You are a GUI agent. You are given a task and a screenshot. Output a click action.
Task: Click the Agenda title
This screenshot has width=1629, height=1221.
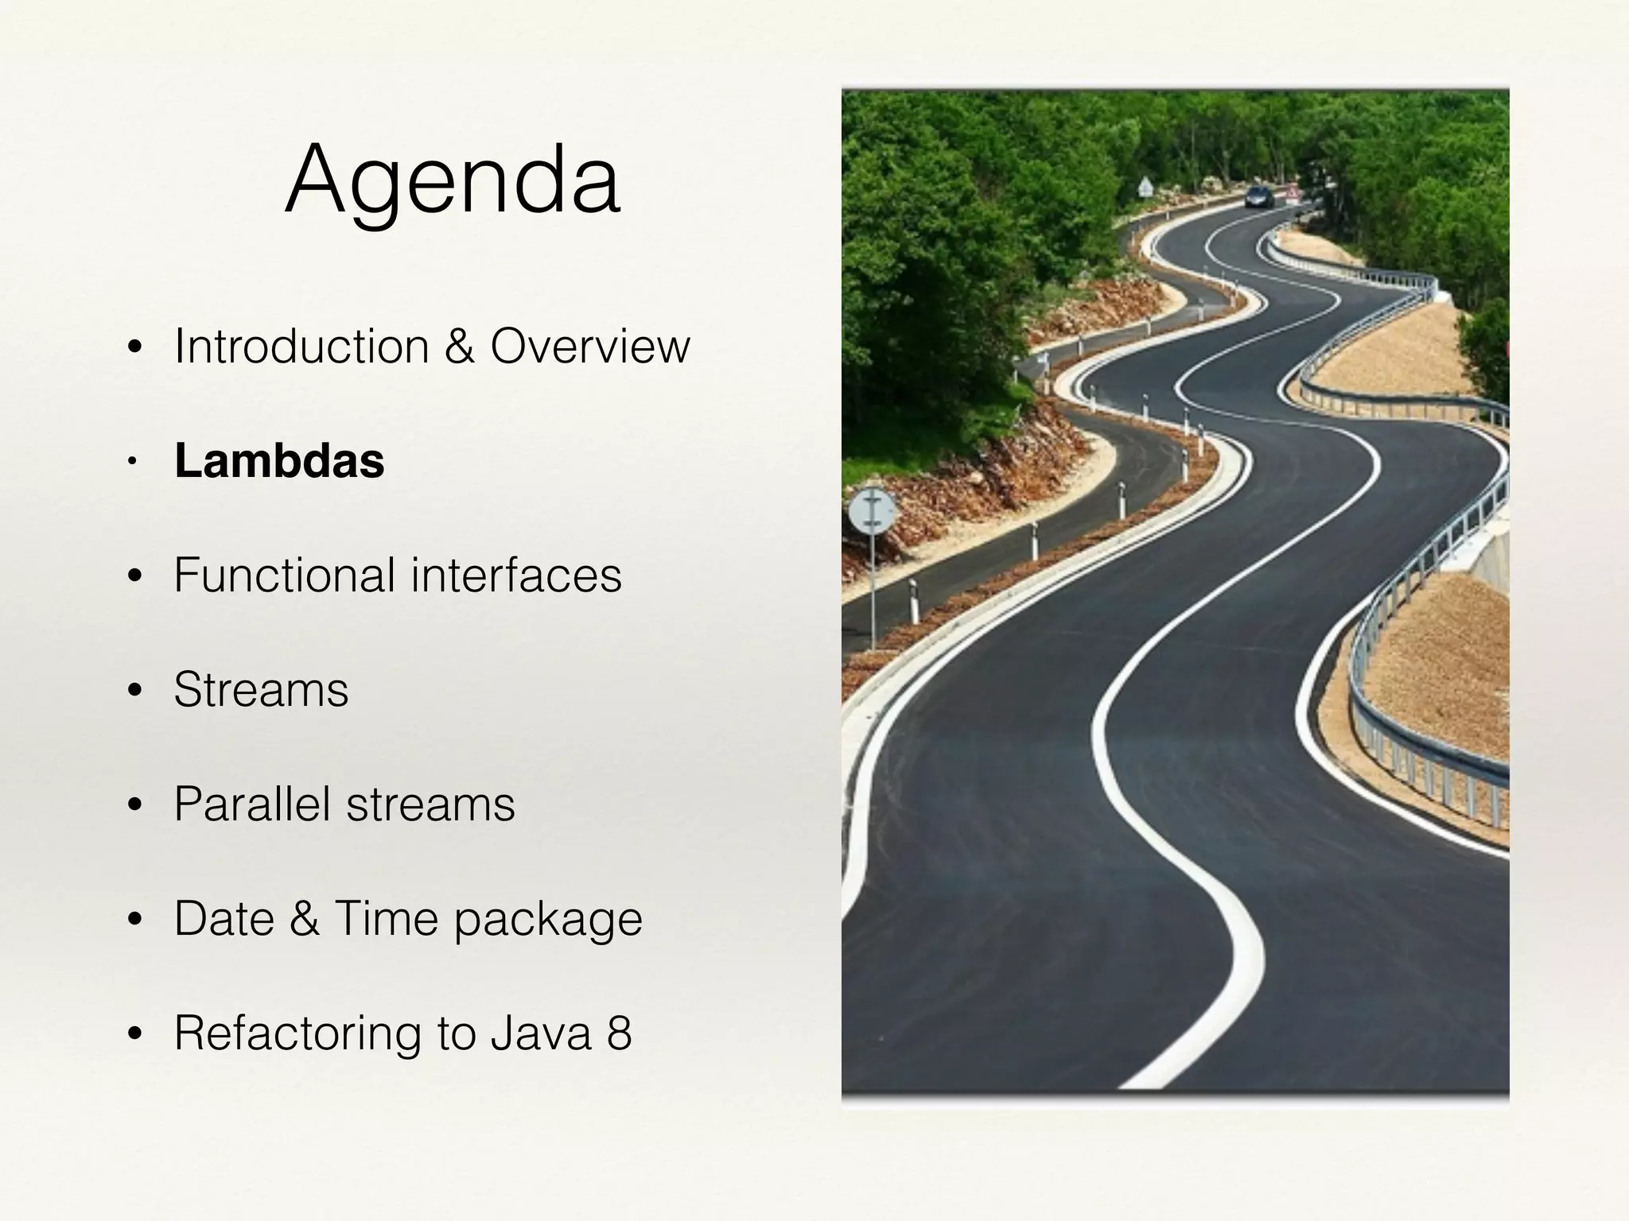tap(453, 181)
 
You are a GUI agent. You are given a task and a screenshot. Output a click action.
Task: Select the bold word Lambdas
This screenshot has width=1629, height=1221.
tap(279, 461)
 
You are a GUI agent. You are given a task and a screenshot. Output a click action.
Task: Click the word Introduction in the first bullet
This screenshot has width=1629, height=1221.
tap(301, 347)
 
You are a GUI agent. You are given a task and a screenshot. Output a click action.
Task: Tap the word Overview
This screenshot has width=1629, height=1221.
tap(589, 347)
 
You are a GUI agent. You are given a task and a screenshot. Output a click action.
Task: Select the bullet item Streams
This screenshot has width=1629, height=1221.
tap(261, 689)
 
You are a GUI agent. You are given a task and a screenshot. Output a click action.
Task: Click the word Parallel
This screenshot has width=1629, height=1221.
tap(251, 804)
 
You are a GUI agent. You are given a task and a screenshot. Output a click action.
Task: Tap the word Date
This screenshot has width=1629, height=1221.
tap(223, 918)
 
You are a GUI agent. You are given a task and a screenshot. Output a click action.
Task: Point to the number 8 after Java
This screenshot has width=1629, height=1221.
tap(619, 1033)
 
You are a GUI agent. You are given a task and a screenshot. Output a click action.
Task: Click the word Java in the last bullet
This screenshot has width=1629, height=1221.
tap(541, 1033)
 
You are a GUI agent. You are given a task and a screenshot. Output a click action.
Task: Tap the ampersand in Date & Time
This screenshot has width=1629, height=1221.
tap(305, 918)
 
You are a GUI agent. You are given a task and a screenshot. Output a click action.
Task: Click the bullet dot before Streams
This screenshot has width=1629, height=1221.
tap(134, 691)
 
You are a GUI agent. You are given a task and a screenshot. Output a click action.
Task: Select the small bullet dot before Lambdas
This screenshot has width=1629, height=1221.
tap(134, 462)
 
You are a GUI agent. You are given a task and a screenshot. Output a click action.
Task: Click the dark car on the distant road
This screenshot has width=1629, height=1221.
tap(1259, 196)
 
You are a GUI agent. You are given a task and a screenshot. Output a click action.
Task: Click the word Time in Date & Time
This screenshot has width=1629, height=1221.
tap(386, 918)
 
